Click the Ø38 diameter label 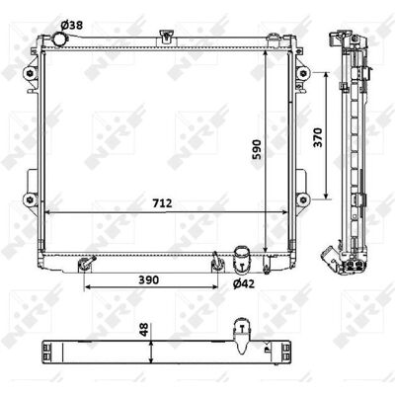(72, 25)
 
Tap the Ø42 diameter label (244, 283)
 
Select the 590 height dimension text (257, 149)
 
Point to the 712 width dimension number (162, 203)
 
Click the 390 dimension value (148, 279)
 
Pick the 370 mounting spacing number (318, 137)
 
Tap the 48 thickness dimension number (144, 329)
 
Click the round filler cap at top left (59, 40)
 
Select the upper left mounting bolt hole (30, 72)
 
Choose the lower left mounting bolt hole (30, 199)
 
